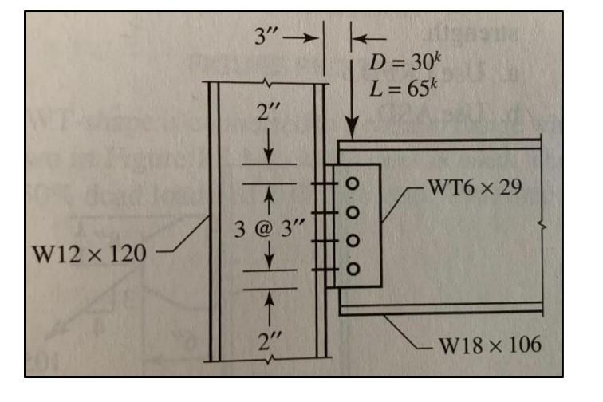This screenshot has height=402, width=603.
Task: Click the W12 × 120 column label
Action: pos(89,254)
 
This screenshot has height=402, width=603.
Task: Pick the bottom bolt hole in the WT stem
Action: pos(351,269)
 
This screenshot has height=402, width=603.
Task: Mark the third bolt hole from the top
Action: pos(351,240)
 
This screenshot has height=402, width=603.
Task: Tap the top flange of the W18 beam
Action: pos(439,145)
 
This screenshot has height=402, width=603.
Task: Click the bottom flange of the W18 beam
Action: pos(439,309)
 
